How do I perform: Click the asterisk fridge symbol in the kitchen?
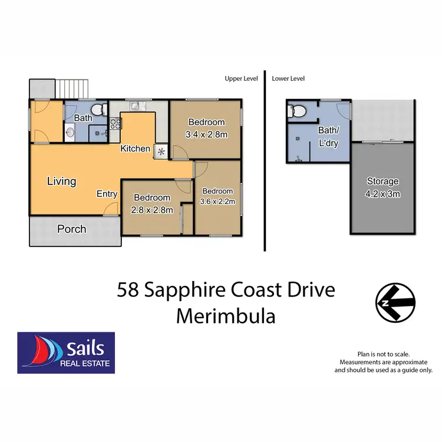(161, 151)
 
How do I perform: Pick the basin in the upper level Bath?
(70, 133)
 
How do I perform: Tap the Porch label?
(71, 229)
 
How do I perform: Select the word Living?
(61, 181)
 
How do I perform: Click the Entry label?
(107, 194)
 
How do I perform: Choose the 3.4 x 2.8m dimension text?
(206, 134)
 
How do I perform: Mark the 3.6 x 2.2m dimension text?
(219, 202)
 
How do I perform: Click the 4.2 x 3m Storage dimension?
(382, 193)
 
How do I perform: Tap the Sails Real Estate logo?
(65, 352)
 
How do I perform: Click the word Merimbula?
(226, 316)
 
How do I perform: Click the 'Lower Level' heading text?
(288, 78)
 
